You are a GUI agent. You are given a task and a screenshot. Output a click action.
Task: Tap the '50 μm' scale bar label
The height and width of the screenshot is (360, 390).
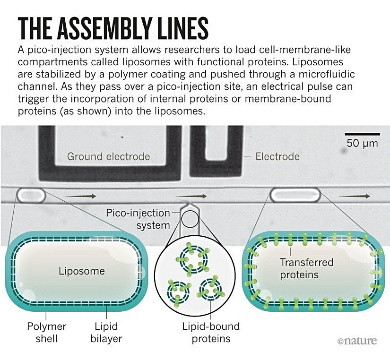(362, 143)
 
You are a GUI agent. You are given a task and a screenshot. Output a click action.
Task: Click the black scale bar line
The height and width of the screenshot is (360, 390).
(362, 134)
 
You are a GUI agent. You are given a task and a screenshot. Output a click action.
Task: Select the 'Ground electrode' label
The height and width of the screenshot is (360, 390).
(108, 156)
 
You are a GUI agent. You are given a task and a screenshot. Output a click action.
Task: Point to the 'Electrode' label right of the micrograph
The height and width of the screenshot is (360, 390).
(277, 156)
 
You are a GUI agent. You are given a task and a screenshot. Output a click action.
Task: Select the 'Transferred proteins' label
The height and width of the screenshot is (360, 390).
(306, 268)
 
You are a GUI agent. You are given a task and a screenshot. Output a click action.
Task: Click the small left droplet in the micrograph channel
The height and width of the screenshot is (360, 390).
(31, 194)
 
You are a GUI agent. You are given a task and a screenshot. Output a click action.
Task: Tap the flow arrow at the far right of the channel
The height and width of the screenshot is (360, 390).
(354, 196)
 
